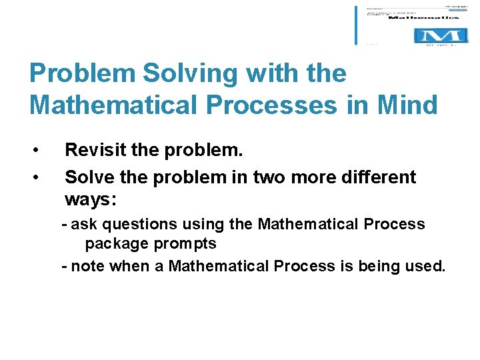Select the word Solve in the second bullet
(85, 177)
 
